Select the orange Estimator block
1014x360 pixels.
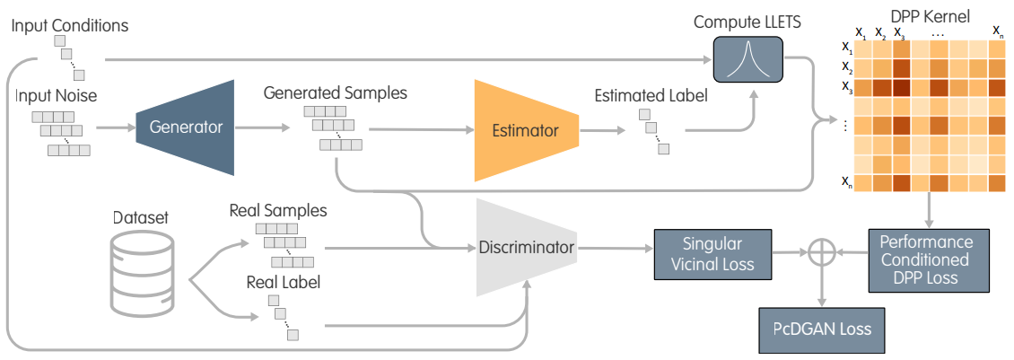pyautogui.click(x=525, y=131)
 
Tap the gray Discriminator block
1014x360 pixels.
pyautogui.click(x=525, y=247)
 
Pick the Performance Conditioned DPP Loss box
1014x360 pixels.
pyautogui.click(x=924, y=259)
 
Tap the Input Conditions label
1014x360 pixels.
pyautogui.click(x=70, y=25)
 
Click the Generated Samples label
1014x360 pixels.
pyautogui.click(x=336, y=92)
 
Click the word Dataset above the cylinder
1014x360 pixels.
pyautogui.click(x=141, y=218)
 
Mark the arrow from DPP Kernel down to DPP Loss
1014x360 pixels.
pyautogui.click(x=927, y=212)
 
